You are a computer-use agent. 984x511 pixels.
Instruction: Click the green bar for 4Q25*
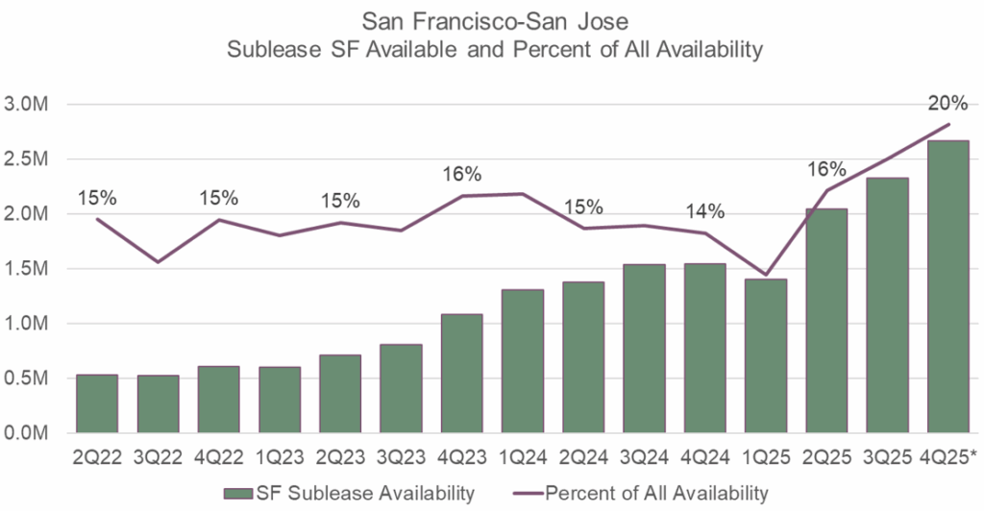947,288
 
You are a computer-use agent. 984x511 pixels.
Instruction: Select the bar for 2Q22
97,404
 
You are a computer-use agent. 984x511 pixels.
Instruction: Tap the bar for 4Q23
462,374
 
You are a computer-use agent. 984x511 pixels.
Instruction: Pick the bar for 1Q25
766,356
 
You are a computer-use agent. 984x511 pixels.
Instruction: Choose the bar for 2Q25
827,321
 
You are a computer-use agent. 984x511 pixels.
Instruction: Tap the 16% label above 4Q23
462,175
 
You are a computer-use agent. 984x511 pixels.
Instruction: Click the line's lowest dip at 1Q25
766,275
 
